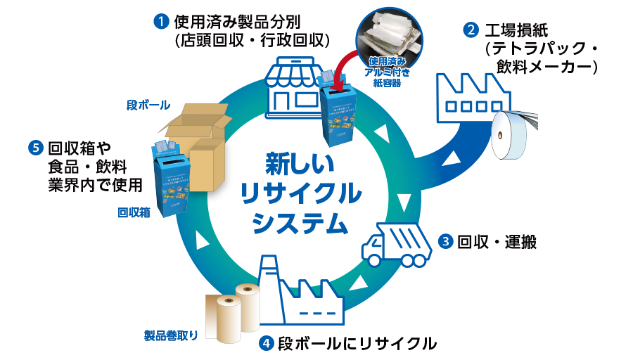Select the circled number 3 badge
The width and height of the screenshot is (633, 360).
coord(445,241)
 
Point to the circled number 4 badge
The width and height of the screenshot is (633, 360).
coord(266,344)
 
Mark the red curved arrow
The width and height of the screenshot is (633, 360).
coord(350,67)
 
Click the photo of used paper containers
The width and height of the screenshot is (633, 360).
coord(390,34)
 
